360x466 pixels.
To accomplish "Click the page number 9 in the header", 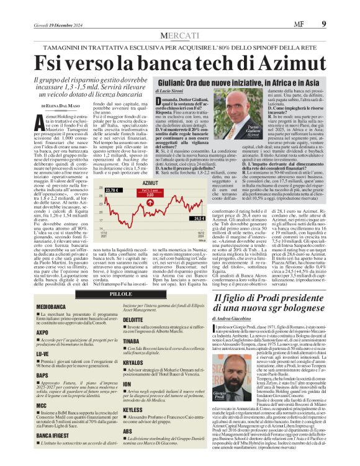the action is [341, 7].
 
